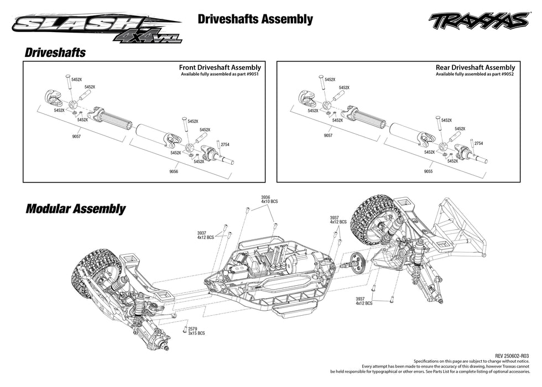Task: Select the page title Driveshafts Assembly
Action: pos(255,19)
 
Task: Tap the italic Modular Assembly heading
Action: pos(75,209)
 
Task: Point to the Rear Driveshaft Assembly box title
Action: pos(475,67)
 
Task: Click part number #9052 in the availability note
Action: pos(505,74)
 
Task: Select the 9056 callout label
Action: pos(175,172)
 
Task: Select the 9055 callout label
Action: pos(428,172)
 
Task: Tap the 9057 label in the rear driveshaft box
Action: pos(327,135)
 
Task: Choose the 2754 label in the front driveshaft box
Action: pos(225,144)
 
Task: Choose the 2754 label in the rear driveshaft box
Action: pos(478,143)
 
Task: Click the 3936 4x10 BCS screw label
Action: pos(269,199)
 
